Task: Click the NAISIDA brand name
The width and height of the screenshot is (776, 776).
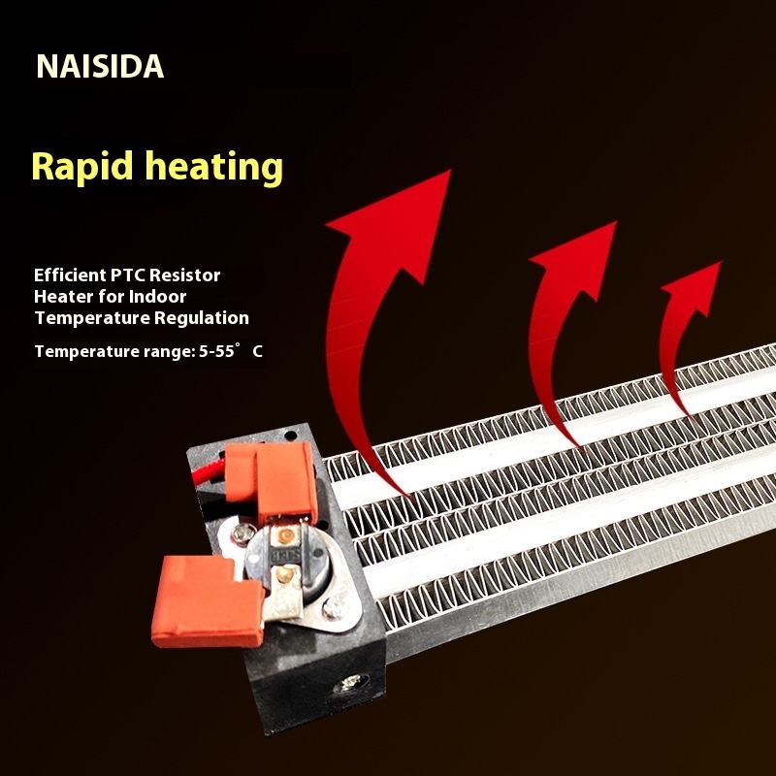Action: pyautogui.click(x=100, y=66)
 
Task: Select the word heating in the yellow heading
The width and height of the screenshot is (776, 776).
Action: pyautogui.click(x=214, y=168)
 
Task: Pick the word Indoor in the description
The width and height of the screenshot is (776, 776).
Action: pyautogui.click(x=157, y=297)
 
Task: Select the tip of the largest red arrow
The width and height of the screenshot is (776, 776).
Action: pyautogui.click(x=450, y=171)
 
